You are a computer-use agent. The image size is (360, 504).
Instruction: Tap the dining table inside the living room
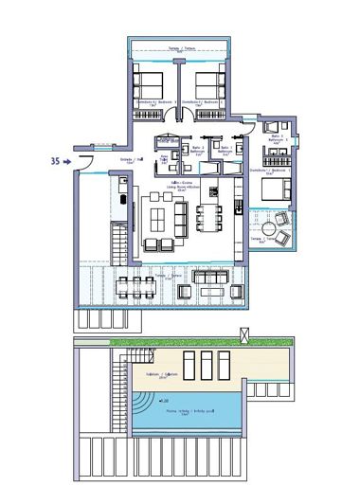coord(206,218)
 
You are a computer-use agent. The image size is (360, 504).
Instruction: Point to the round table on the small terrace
coord(270,230)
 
